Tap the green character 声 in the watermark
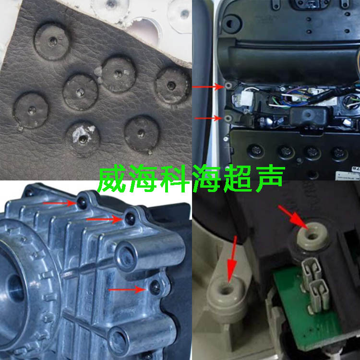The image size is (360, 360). (270, 178)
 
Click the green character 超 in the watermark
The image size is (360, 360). (239, 179)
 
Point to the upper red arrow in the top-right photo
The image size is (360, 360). (207, 87)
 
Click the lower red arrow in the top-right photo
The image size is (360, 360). (208, 118)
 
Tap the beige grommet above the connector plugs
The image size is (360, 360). (312, 237)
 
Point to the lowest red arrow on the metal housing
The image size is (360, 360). (127, 290)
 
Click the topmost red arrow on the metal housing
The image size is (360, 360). (59, 203)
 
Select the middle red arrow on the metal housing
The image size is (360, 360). (104, 219)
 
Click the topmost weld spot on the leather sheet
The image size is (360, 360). (52, 41)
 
